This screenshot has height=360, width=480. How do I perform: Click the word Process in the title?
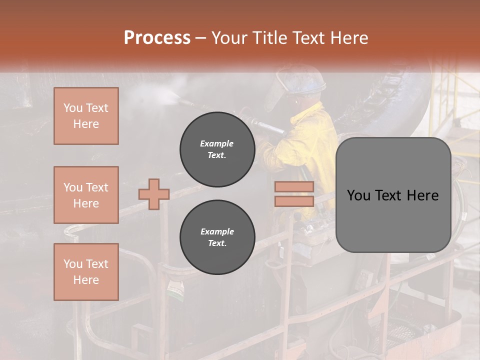(157, 38)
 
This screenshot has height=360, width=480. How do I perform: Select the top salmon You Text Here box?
(86, 116)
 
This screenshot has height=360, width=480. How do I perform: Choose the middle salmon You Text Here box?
(86, 195)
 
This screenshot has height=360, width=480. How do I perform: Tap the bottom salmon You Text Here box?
(86, 272)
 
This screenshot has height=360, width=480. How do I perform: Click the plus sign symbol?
(154, 193)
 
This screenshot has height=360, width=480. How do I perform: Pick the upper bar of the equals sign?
(294, 187)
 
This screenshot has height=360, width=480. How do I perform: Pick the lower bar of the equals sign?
(294, 201)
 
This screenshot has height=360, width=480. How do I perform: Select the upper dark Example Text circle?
(217, 149)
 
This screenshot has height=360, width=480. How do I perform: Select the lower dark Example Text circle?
(217, 237)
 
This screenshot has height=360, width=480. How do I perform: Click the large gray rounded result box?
(393, 195)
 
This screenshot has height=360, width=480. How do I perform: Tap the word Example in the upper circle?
(217, 143)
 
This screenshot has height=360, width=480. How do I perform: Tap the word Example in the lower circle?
(217, 231)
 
